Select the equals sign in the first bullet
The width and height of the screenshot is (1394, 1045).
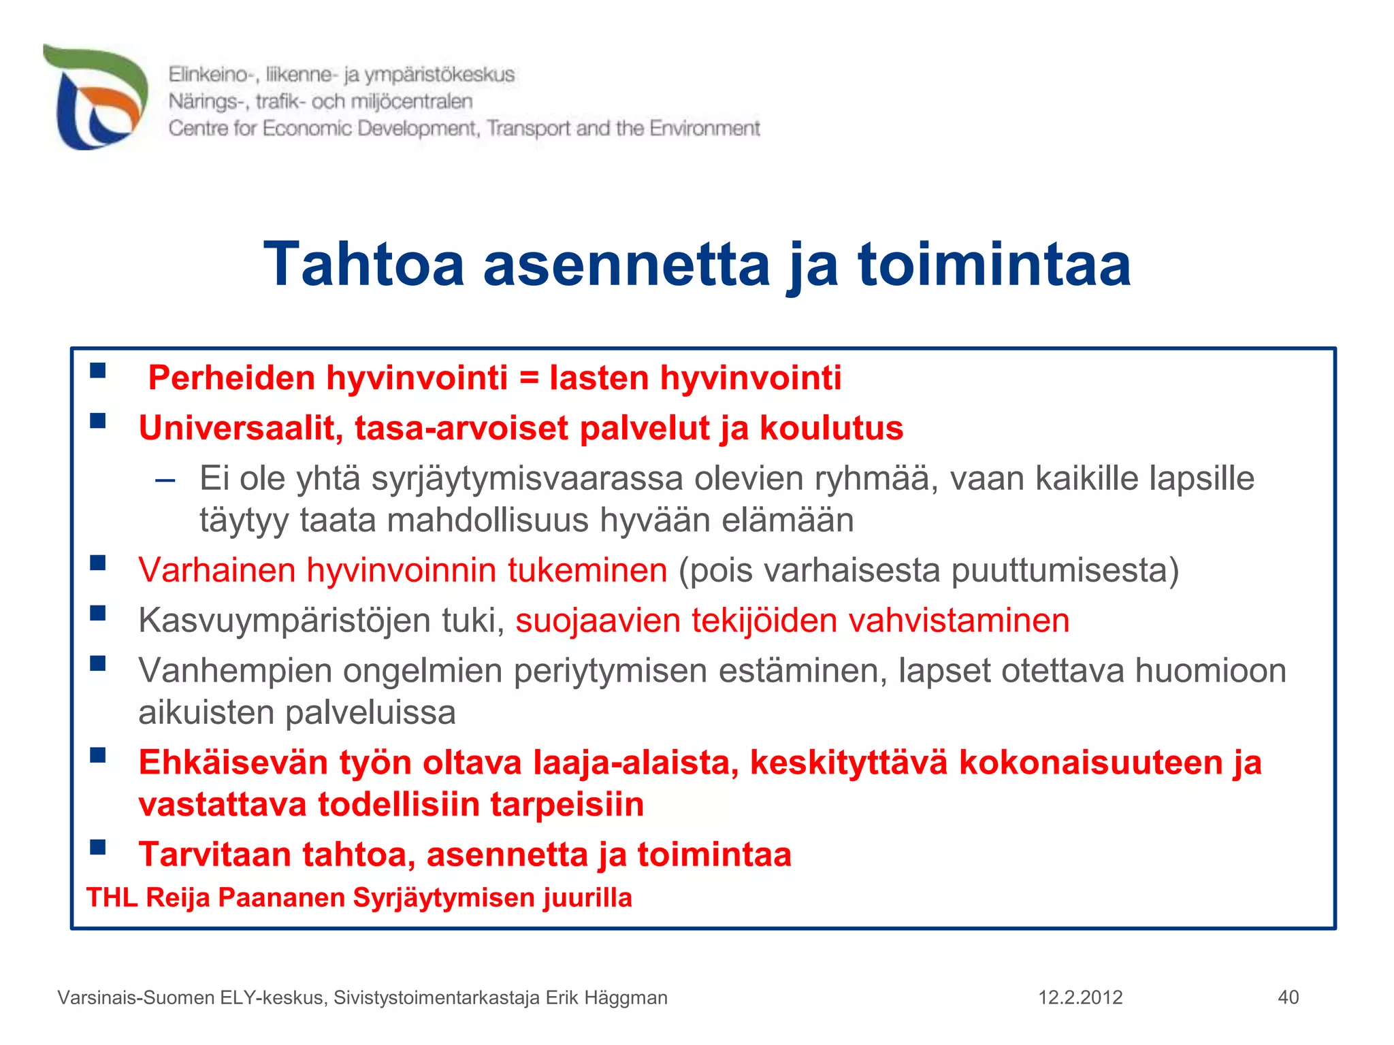[529, 378]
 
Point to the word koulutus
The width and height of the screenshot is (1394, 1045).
[831, 429]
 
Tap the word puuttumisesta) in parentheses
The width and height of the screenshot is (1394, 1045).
[1065, 570]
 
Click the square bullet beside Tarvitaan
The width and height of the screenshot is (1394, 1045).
[98, 847]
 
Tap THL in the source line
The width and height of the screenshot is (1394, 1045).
[112, 898]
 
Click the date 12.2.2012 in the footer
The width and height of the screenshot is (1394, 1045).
[1080, 998]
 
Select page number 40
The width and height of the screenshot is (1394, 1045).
[1288, 998]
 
